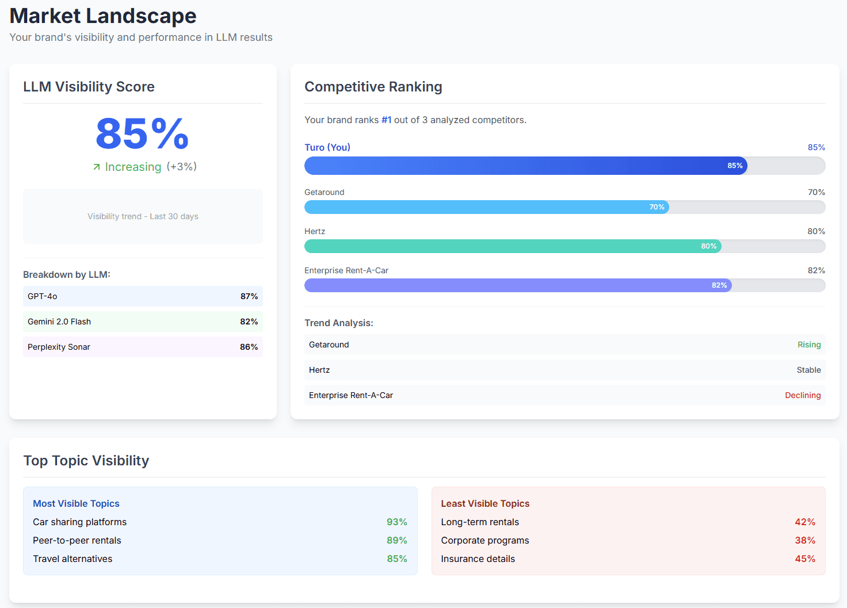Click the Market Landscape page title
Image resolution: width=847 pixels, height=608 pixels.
(103, 16)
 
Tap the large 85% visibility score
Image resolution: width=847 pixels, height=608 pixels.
(142, 133)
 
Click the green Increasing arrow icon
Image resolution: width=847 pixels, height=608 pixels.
(97, 167)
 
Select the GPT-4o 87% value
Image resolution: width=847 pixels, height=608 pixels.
(249, 296)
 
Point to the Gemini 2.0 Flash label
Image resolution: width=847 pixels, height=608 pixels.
(59, 322)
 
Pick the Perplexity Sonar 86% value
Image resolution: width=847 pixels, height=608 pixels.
(249, 347)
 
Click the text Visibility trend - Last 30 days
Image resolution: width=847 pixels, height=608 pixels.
(143, 216)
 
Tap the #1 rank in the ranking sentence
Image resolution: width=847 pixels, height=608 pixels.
(386, 120)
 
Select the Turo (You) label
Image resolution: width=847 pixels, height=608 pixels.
(327, 147)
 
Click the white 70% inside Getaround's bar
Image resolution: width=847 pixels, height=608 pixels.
(657, 207)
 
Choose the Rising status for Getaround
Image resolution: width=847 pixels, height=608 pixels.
(808, 345)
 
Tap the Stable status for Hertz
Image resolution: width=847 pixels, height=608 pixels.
(808, 370)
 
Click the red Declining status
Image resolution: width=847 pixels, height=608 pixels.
(803, 395)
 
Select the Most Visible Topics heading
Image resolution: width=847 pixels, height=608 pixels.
(76, 503)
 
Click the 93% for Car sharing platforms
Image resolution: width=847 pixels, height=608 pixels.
(396, 522)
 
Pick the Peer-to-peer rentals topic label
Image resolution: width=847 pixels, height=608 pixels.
(77, 540)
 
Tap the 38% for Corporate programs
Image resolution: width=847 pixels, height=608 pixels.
(804, 540)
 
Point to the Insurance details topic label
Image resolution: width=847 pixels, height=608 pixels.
(478, 559)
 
